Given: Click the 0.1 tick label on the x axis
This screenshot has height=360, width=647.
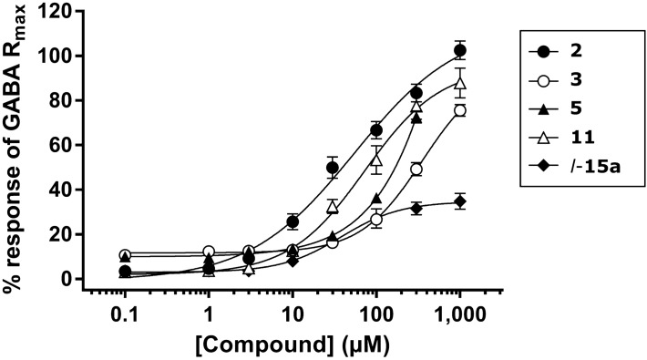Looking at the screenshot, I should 125,311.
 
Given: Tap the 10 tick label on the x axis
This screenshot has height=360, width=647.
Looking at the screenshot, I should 292,311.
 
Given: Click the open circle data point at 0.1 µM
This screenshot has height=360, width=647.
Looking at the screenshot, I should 125,255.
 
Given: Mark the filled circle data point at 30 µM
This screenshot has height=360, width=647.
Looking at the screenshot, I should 333,168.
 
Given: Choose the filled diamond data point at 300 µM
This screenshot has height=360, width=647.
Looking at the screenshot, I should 416,209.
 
